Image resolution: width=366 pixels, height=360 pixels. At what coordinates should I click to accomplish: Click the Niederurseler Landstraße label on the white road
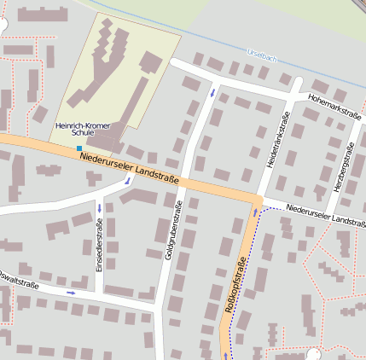pos(325,214)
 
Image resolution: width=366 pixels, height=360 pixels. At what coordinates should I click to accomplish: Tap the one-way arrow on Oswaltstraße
pos(71,293)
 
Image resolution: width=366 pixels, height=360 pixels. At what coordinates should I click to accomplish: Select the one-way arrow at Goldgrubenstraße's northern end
pos(212,91)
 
